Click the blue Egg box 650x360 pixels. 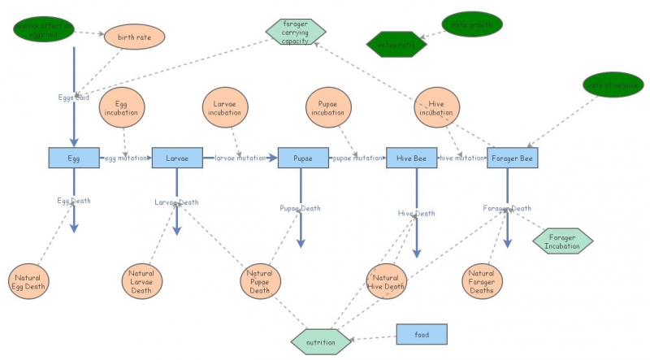tap(73, 158)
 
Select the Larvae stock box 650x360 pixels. tap(177, 158)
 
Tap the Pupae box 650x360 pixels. tap(301, 158)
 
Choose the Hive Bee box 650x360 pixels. tap(411, 158)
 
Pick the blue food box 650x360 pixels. tap(422, 333)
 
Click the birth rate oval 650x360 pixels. tap(134, 37)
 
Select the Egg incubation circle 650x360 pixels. tap(122, 109)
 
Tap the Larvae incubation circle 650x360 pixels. tap(224, 109)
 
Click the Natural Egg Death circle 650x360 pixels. tap(30, 282)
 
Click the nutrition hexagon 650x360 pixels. tap(320, 342)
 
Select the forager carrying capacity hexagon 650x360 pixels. tap(296, 32)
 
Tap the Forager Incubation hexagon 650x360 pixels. tap(562, 241)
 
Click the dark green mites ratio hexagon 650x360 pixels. tap(396, 44)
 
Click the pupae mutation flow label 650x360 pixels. tap(357, 158)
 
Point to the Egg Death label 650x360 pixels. tap(73, 200)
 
